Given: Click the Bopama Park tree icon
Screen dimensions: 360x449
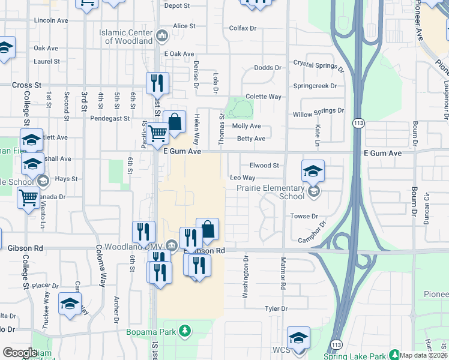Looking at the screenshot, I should (x=185, y=331).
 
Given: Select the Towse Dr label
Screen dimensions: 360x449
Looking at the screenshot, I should (x=304, y=216).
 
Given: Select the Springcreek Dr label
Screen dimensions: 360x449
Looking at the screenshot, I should (x=315, y=86).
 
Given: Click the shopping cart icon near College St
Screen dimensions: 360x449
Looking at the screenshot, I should (x=29, y=197).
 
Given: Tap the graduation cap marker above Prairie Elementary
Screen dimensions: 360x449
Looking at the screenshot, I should (x=313, y=172).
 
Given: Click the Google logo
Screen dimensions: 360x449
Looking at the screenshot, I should (x=20, y=353).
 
